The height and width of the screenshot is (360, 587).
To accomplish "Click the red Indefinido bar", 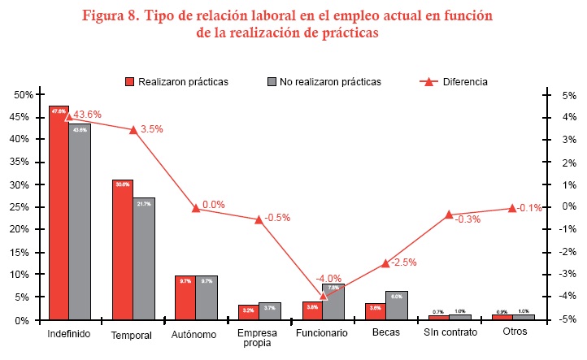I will pos(59,213).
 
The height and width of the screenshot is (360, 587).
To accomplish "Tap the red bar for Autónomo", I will pos(185,297).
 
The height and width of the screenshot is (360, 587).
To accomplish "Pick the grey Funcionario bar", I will pos(333,301).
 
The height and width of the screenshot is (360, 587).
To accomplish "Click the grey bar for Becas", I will pos(396,306).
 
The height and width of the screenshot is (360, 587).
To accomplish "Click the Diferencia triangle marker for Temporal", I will pos(133,130).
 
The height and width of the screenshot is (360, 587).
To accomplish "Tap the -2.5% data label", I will pos(403,262).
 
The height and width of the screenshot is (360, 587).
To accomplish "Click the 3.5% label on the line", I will pos(152,129).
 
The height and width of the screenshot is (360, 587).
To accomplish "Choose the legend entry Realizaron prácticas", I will pos(176,82).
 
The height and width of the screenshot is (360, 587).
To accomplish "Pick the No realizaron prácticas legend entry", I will pos(324,82).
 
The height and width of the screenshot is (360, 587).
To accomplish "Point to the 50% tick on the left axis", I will pos(23,94).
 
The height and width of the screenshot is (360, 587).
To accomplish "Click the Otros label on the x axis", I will pos(514,334).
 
